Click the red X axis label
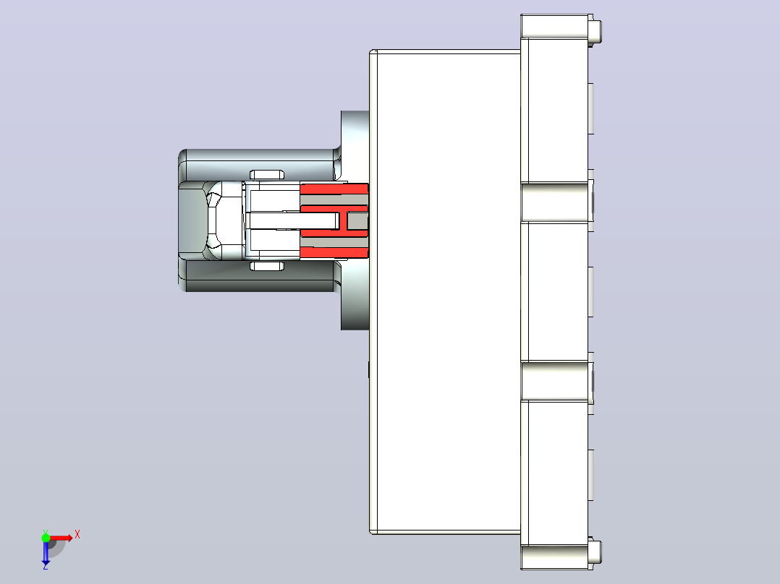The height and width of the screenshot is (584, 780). (77, 535)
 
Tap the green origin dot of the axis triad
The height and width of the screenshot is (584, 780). (46, 537)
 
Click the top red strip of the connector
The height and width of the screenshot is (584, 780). (334, 189)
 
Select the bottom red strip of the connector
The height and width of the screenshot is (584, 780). (334, 252)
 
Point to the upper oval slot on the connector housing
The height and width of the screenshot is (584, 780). (266, 174)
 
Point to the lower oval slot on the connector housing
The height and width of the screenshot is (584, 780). (266, 266)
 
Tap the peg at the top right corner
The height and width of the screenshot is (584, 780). (596, 30)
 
